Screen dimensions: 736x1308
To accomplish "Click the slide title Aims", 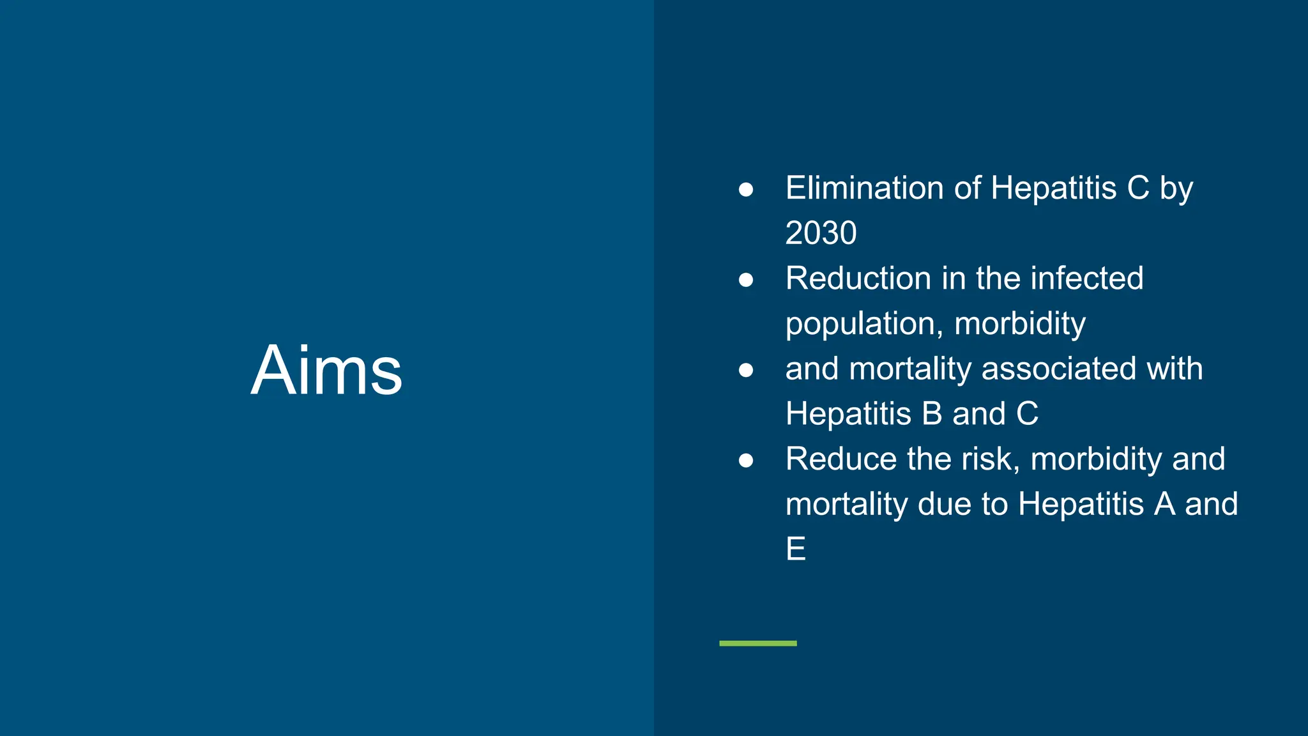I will [x=326, y=371].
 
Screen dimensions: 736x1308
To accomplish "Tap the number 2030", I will [x=821, y=233].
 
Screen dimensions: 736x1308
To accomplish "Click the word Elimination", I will [x=864, y=188].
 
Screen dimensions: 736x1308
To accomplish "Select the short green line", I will [x=757, y=643].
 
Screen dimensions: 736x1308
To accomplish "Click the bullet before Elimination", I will [x=745, y=190].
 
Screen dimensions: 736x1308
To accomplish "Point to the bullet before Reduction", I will [x=745, y=280].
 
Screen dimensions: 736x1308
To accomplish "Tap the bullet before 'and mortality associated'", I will [x=745, y=370].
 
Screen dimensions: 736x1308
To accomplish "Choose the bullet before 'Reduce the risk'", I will [x=745, y=460].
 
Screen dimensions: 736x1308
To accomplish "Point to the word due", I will [x=945, y=504].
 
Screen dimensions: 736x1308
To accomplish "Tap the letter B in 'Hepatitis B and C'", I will [x=932, y=414].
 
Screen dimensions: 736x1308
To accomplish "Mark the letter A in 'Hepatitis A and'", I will [x=1164, y=504].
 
